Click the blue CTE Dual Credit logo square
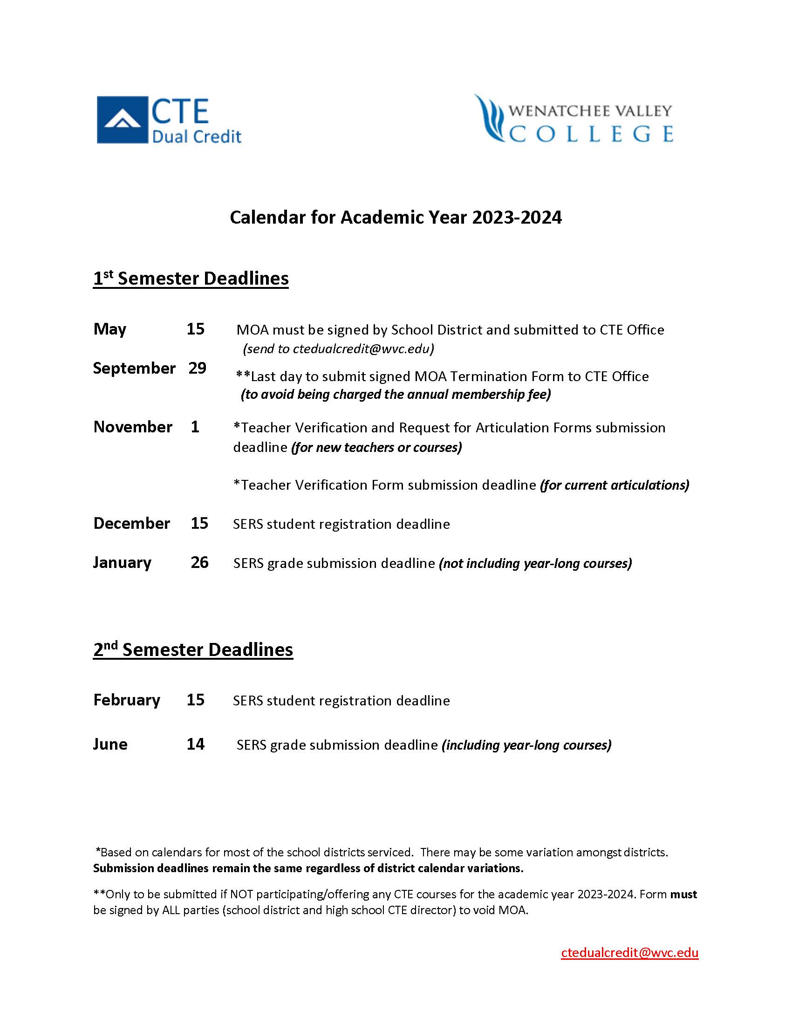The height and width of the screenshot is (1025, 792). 122,120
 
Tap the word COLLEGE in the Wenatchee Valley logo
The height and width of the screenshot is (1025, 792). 591,134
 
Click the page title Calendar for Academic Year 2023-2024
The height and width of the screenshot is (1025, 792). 396,217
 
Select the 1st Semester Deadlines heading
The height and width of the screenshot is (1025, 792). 191,278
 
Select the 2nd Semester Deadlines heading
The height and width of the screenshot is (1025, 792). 193,649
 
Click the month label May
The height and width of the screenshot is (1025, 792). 110,329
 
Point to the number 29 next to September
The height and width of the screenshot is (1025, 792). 198,368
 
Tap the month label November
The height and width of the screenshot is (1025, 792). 133,427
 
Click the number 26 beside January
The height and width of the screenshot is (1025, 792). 199,562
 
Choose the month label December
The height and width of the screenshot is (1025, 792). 131,523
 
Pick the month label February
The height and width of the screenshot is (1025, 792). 127,700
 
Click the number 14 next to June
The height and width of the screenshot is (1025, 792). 195,744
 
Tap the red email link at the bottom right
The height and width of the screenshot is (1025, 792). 629,952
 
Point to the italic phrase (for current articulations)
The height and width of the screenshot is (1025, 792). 614,485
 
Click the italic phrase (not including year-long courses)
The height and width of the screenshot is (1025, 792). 535,563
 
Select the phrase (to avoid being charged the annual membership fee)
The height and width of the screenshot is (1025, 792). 396,394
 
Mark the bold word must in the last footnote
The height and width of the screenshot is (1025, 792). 683,894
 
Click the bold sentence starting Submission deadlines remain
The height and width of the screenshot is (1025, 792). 308,868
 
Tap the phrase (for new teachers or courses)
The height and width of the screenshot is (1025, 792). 376,447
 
